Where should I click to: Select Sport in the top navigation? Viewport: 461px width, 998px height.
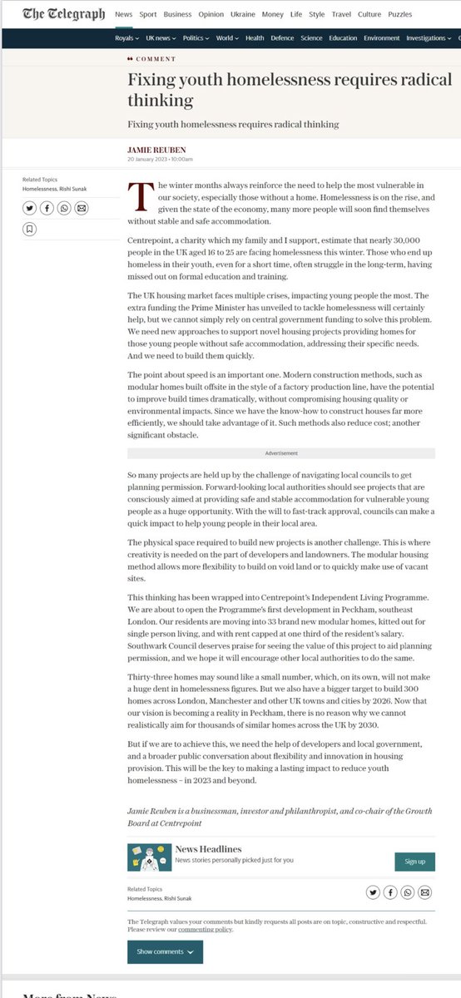point(147,14)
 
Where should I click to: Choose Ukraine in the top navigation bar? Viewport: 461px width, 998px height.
point(243,14)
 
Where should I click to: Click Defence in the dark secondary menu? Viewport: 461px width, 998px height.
point(282,38)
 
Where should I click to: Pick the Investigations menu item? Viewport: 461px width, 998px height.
point(429,38)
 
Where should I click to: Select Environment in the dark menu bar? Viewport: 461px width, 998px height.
point(381,38)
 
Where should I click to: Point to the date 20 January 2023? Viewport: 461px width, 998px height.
point(148,159)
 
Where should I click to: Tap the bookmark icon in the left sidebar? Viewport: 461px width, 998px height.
point(29,228)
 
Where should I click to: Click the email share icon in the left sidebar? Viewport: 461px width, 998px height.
point(82,208)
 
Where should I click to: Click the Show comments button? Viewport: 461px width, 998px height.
point(165,951)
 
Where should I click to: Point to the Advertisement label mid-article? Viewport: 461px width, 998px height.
point(280,453)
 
